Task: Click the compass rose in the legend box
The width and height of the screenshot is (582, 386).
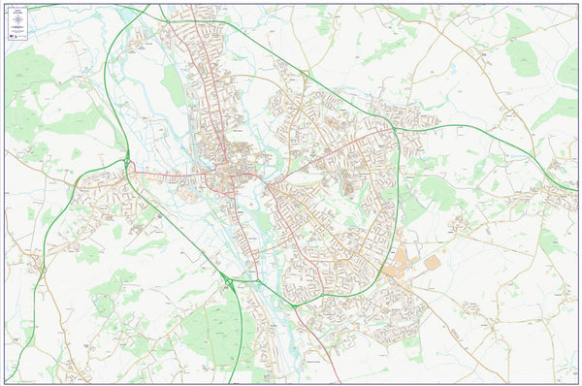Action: coord(17,19)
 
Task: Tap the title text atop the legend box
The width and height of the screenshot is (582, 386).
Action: coord(17,10)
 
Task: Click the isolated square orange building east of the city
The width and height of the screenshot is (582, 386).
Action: coord(432,262)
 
